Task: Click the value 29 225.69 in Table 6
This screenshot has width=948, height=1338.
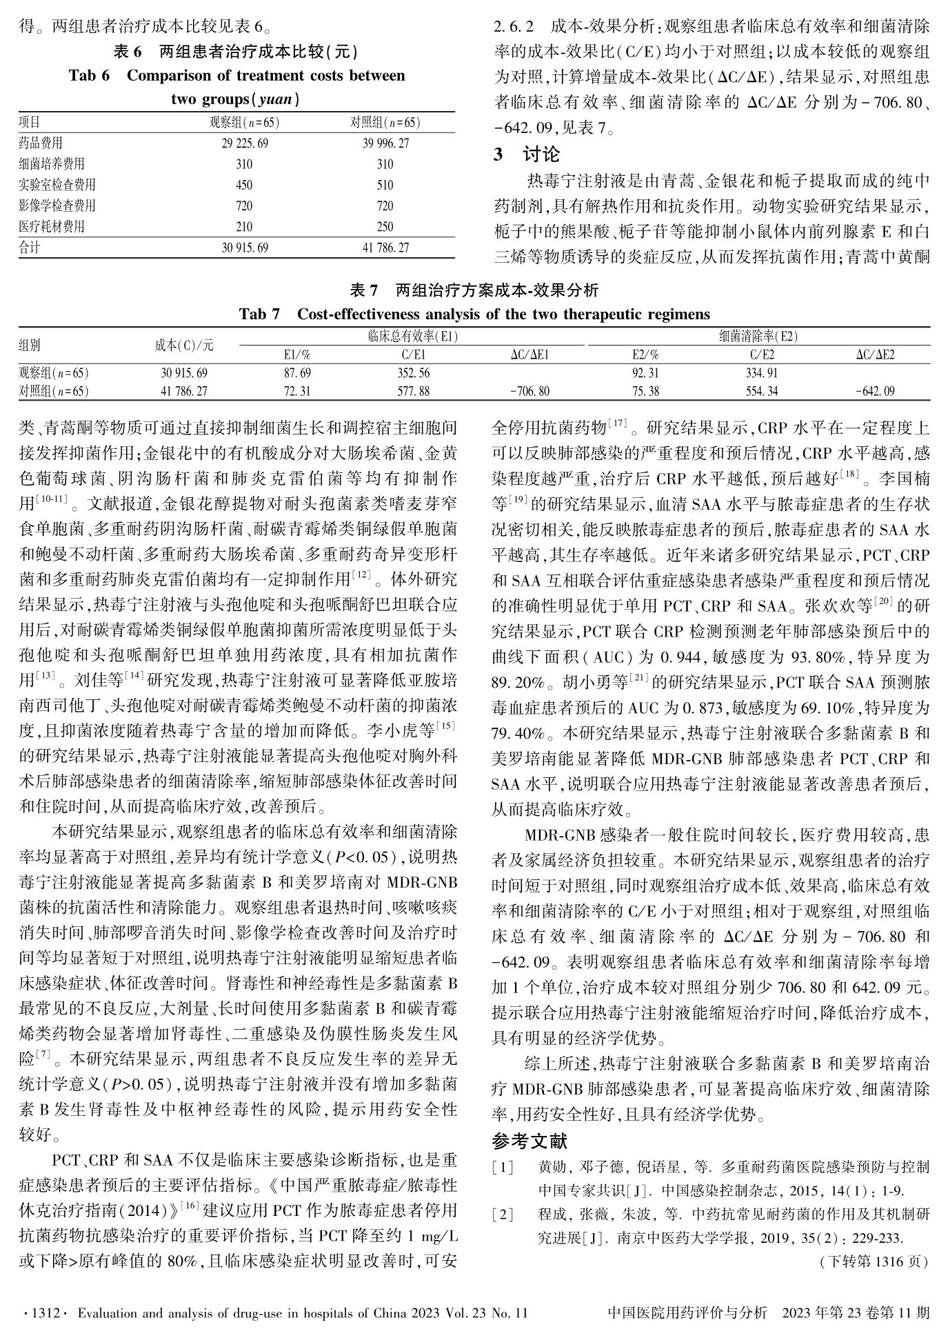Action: tap(245, 143)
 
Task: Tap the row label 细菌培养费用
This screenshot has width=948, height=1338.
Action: tap(52, 164)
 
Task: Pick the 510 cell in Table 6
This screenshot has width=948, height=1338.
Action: tap(385, 185)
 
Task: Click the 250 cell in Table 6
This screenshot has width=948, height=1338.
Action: tap(385, 226)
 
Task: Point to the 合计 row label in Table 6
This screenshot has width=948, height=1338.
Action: tap(30, 247)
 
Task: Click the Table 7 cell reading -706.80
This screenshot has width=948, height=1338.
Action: tap(530, 391)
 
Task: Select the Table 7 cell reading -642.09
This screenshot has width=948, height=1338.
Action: tap(875, 391)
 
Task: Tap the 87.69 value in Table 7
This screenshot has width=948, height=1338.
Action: tap(297, 373)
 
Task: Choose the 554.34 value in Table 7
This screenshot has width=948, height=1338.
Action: tap(762, 391)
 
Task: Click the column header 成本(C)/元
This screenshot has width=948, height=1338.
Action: tap(184, 345)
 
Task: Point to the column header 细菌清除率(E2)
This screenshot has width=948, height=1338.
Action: tap(758, 337)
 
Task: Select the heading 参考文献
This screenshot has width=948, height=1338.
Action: tap(530, 1141)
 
